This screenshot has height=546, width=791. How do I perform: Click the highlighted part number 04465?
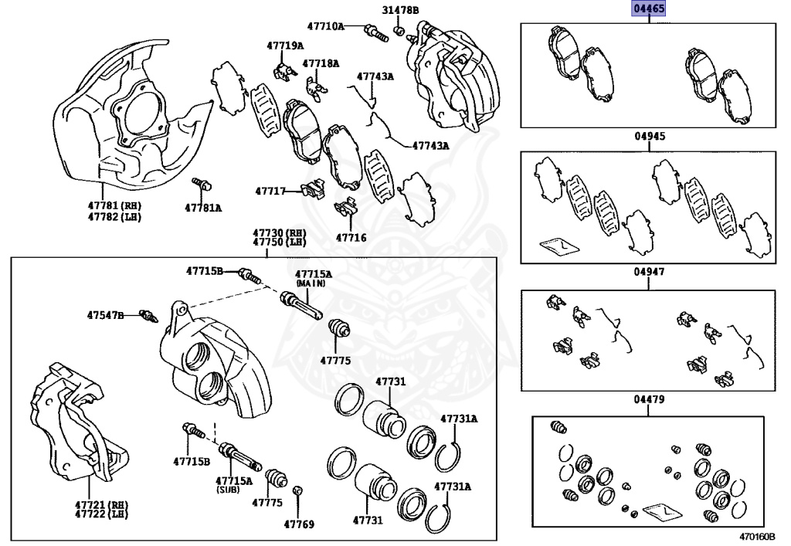click(x=650, y=9)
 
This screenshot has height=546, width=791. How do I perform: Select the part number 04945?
click(x=650, y=136)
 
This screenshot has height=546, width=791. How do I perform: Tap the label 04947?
click(x=650, y=273)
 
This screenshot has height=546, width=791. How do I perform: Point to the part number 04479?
click(x=650, y=399)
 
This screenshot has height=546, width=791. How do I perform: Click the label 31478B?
click(x=400, y=10)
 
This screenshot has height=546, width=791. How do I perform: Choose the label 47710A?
click(x=325, y=26)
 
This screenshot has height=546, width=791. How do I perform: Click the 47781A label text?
click(x=203, y=208)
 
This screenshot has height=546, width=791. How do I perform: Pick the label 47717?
click(x=271, y=190)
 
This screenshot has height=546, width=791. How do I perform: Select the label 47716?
click(x=351, y=238)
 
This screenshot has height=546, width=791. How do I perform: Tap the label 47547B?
click(x=105, y=315)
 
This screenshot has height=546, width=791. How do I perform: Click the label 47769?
click(x=299, y=524)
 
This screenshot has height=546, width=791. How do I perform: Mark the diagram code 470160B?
click(x=755, y=537)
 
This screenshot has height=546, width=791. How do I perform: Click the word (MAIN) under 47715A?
click(x=313, y=283)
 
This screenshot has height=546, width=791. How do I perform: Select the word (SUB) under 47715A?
click(x=233, y=490)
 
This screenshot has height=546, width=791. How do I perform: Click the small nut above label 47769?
click(x=299, y=491)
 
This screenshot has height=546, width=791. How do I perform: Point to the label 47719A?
click(x=285, y=46)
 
